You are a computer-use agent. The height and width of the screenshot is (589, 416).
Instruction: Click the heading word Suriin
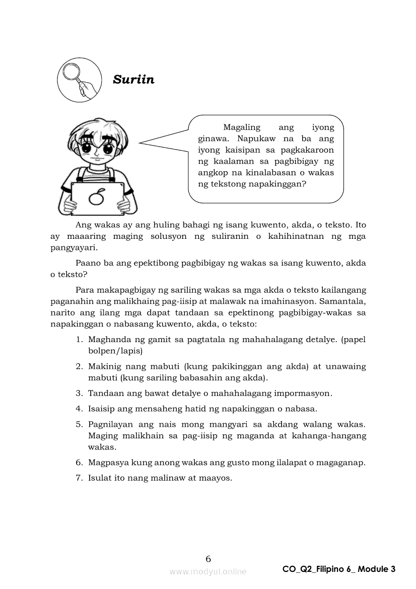(133, 80)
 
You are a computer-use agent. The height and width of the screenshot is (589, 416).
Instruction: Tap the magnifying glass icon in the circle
(75, 80)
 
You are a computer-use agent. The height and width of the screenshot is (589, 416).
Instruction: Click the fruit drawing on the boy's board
(98, 197)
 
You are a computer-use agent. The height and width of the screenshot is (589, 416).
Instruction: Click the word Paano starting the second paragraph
(87, 263)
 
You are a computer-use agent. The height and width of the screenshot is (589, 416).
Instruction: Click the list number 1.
(79, 340)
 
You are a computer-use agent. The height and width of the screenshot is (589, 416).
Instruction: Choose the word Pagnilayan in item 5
(109, 425)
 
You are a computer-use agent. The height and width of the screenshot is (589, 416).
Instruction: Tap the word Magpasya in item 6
(106, 462)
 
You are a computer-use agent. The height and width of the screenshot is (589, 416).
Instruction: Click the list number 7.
(79, 478)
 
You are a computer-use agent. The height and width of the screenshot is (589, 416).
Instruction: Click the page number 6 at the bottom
(208, 558)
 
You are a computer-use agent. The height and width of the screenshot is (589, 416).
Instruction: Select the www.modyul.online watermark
(208, 571)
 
